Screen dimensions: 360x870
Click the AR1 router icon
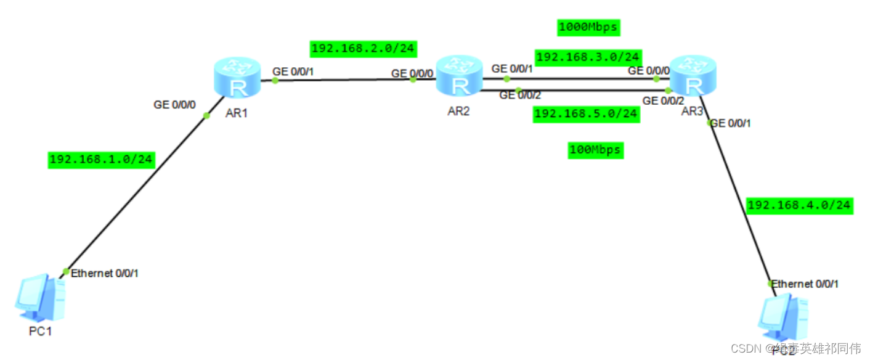tap(237, 78)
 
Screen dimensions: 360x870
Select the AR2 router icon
tap(459, 76)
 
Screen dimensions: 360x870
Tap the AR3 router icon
tap(693, 76)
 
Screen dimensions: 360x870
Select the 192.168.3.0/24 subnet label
tap(588, 57)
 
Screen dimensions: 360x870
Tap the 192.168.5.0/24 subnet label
tap(586, 114)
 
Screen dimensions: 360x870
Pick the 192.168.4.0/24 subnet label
tap(799, 205)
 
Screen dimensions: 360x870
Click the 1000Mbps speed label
tap(588, 27)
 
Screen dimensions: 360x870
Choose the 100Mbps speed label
tap(595, 150)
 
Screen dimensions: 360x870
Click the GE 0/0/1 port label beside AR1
tap(293, 72)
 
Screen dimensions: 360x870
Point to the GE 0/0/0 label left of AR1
tap(174, 105)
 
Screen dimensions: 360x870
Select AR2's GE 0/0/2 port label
tap(520, 95)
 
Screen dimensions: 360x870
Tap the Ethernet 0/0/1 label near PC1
tap(105, 273)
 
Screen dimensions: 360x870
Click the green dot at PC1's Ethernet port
tap(66, 272)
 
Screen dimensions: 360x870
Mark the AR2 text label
tap(459, 112)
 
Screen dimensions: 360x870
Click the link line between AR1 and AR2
tap(345, 80)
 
